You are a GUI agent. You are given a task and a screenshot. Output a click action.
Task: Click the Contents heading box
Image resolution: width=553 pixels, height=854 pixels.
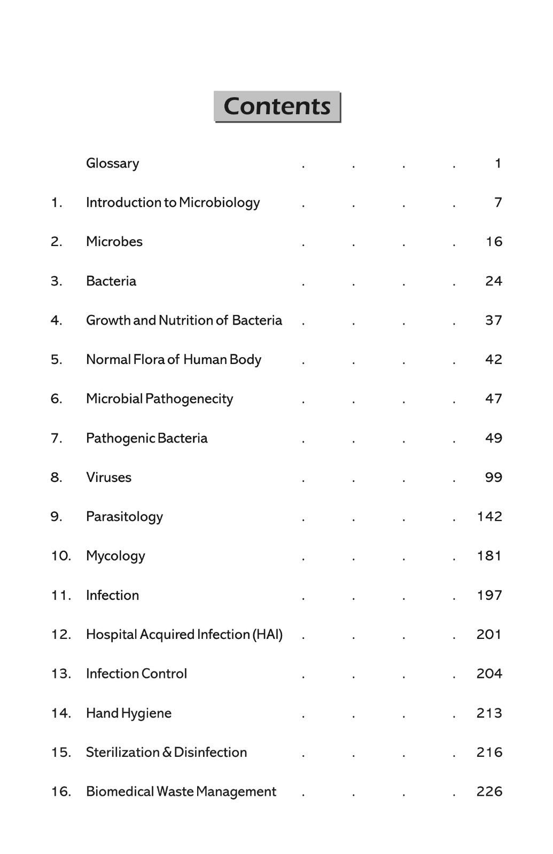(277, 106)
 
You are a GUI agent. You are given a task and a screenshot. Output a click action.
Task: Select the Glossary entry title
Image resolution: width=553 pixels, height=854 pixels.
(112, 163)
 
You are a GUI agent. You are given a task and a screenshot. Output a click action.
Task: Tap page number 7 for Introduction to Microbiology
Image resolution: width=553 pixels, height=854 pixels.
(498, 203)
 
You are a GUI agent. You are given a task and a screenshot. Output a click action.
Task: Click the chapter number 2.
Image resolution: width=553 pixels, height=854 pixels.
(56, 242)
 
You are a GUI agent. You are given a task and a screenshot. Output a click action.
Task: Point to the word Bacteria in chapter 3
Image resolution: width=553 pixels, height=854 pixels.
(111, 281)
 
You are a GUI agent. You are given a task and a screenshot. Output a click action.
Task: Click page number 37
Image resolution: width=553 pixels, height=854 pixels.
(493, 320)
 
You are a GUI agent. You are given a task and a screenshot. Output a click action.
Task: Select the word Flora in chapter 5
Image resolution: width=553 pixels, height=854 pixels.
(149, 360)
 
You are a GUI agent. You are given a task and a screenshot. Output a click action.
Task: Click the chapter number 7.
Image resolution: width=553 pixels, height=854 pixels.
(56, 438)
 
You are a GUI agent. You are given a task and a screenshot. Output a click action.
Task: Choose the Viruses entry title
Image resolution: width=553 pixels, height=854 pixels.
(108, 477)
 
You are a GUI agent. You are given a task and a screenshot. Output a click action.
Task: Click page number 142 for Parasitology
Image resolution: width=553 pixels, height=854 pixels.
(489, 517)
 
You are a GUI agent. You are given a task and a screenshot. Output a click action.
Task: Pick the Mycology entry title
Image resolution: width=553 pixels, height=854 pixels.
(115, 556)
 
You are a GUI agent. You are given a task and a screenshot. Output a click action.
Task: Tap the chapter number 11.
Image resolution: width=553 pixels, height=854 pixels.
(60, 595)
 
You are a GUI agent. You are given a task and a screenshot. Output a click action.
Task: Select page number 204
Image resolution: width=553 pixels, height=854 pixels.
(489, 674)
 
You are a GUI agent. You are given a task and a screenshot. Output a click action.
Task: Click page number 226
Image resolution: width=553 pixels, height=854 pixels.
(489, 792)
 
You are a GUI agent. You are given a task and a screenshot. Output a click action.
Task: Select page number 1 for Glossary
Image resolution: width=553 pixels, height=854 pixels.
(498, 163)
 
